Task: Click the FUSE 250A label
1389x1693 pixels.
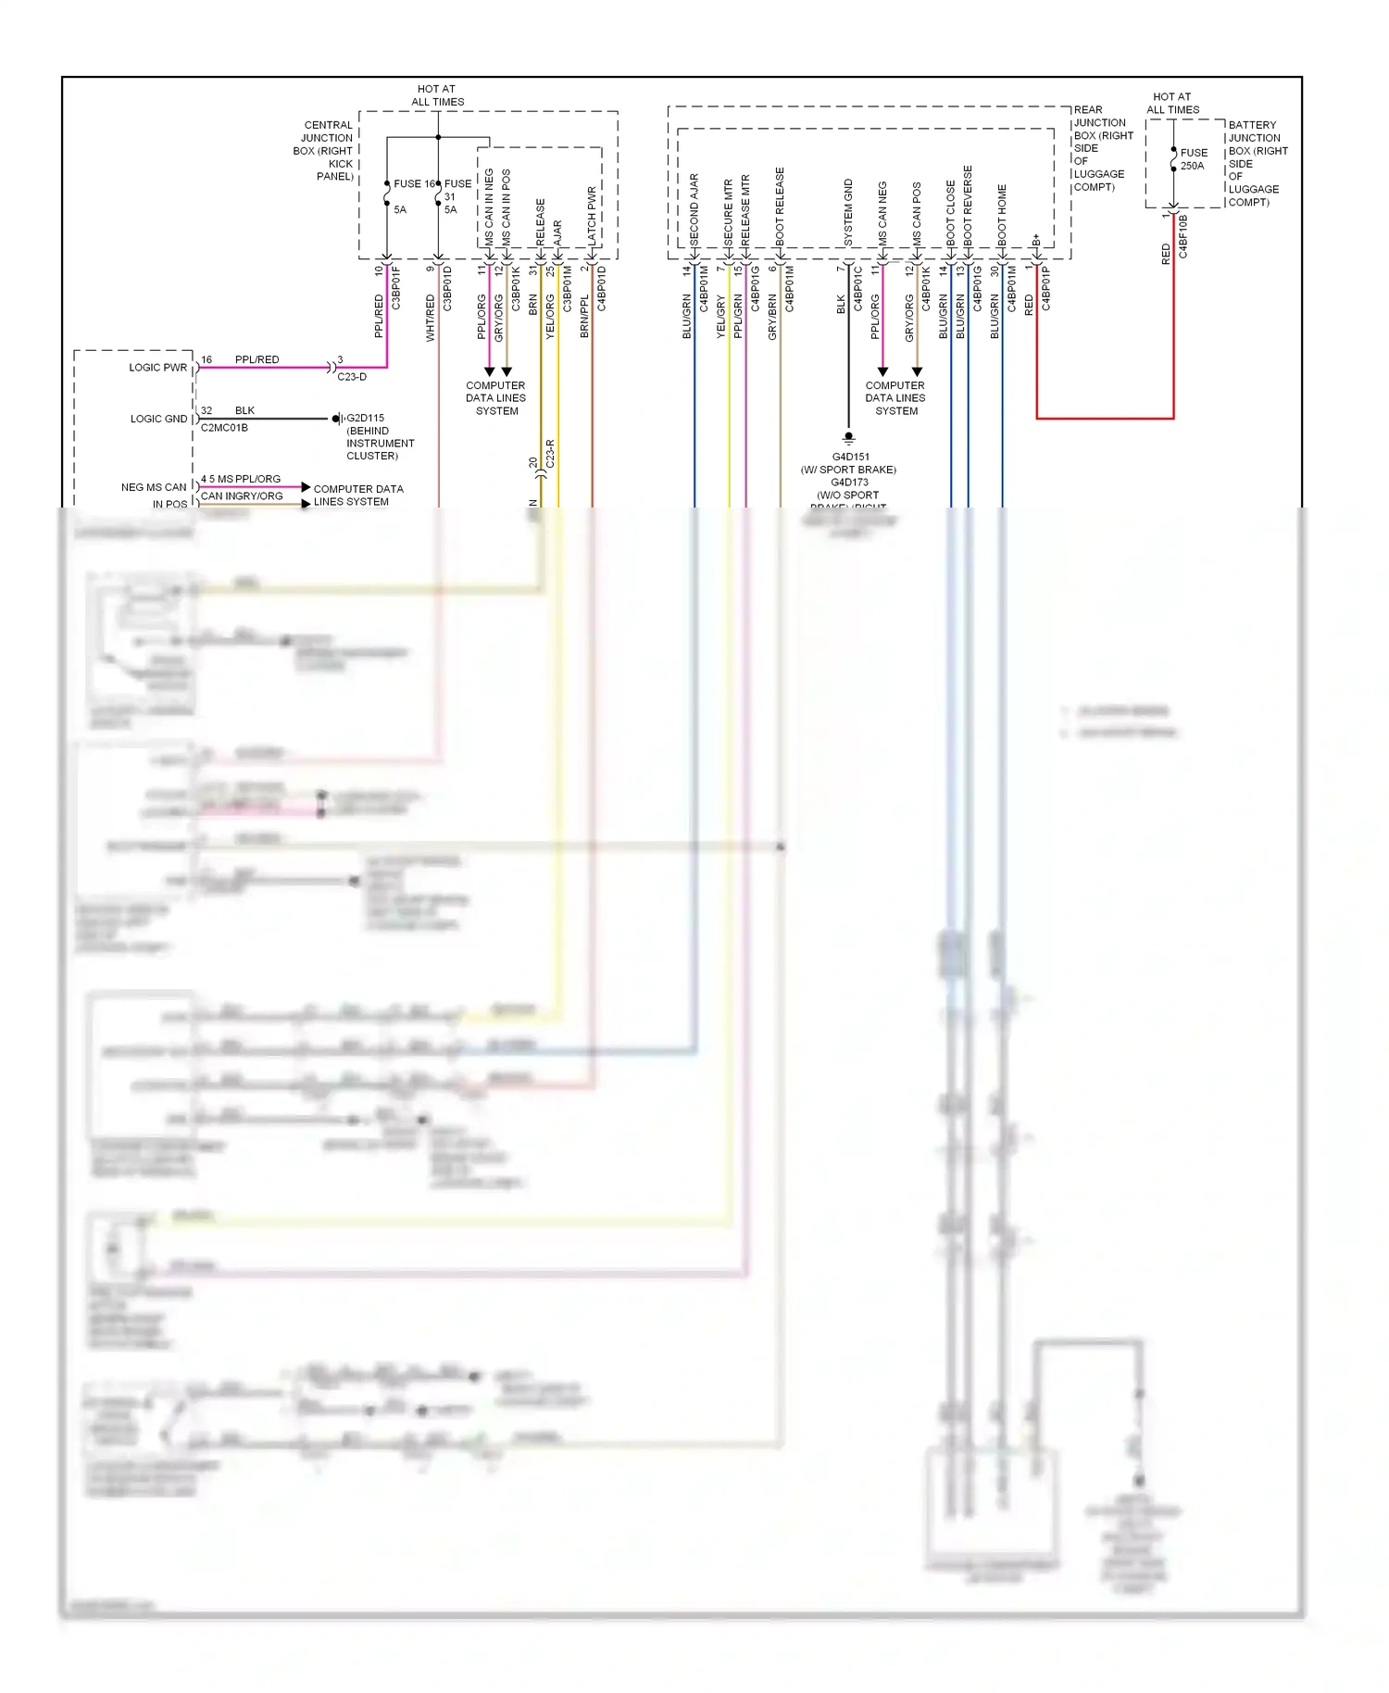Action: click(1193, 159)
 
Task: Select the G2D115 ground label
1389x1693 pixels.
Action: click(366, 418)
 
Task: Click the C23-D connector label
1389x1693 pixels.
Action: click(352, 377)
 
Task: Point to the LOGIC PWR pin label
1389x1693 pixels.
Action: click(157, 368)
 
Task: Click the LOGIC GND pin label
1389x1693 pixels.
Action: click(158, 419)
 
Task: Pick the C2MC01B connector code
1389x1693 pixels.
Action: click(224, 428)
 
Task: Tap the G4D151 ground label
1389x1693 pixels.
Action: click(850, 457)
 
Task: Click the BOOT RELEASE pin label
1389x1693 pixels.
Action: click(780, 206)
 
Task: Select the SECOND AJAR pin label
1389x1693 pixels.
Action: click(694, 208)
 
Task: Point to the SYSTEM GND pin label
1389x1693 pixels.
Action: click(848, 212)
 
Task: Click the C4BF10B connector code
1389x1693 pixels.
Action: click(1183, 236)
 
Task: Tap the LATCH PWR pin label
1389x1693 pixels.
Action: click(592, 216)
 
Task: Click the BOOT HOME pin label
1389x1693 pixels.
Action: click(1002, 214)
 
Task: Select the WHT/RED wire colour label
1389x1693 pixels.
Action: click(430, 318)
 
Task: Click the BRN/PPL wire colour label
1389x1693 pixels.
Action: click(584, 316)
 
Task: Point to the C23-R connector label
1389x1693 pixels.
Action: click(550, 454)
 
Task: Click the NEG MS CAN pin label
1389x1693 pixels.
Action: click(154, 487)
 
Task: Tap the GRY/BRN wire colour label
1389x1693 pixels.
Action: click(772, 318)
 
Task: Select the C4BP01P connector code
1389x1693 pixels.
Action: click(1045, 287)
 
